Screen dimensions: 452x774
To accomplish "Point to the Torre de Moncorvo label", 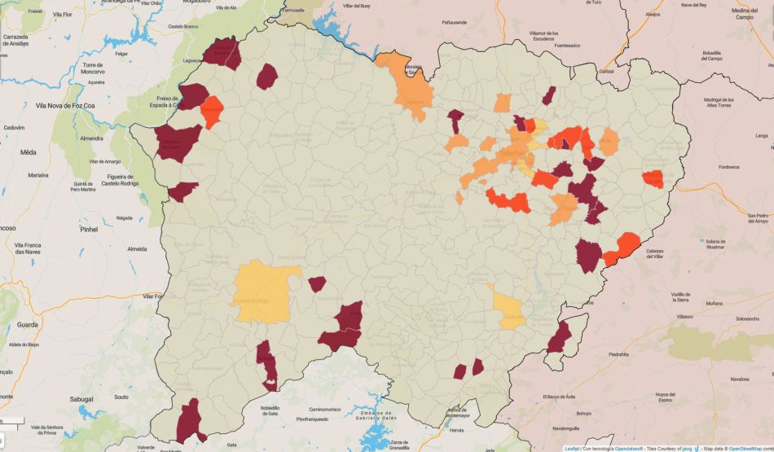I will (98, 68).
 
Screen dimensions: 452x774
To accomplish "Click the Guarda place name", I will (27, 324).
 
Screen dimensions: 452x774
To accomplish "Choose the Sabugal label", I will (81, 399).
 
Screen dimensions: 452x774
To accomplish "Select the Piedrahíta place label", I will (618, 354).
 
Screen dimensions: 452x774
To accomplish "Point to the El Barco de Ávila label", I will (561, 397).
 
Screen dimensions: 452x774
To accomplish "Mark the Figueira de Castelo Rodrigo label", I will (117, 180).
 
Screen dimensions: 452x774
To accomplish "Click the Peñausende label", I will (455, 23).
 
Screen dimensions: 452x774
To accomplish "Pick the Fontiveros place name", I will (728, 168).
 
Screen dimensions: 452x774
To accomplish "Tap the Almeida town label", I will (137, 248).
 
